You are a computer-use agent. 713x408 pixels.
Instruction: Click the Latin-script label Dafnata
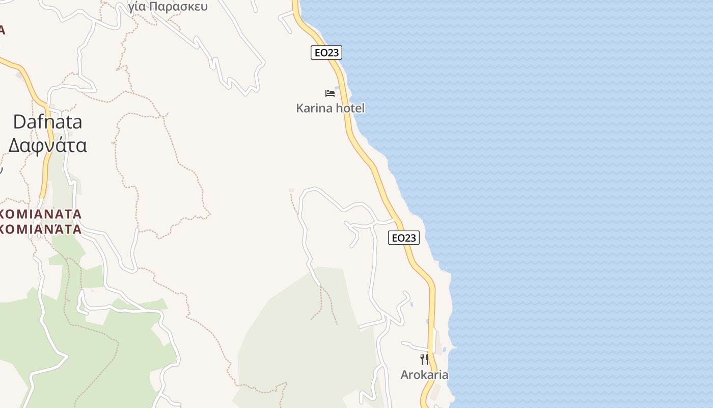click(47, 122)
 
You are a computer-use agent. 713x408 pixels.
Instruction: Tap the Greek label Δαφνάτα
click(47, 145)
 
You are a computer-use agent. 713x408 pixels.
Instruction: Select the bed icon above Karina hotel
click(330, 93)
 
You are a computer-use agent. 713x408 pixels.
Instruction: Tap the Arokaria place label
click(424, 375)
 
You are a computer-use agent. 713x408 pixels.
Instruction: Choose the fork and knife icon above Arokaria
click(424, 360)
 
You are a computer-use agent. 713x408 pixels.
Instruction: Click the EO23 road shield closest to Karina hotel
click(326, 53)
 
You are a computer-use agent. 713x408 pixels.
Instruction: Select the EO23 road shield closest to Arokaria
click(403, 238)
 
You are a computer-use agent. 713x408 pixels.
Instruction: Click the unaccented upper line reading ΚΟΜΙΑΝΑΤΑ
click(41, 214)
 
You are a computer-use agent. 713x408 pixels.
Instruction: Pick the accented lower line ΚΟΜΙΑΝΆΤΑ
click(41, 229)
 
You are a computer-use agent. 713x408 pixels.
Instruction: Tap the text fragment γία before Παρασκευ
click(138, 7)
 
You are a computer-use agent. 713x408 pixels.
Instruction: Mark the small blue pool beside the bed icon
click(337, 88)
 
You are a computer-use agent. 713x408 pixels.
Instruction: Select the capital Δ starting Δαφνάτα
click(14, 145)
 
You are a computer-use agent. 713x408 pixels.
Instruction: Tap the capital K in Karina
click(300, 108)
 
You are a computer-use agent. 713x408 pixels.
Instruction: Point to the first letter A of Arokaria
click(405, 375)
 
